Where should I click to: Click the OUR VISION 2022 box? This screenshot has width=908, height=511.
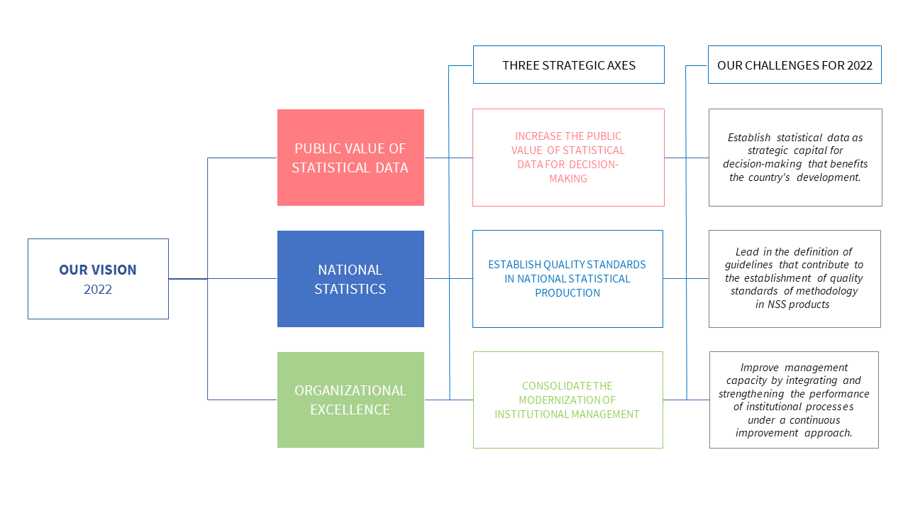(98, 279)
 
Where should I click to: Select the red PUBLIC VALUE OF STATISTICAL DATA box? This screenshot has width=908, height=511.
(350, 158)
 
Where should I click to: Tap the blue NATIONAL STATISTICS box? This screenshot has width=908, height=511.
(350, 279)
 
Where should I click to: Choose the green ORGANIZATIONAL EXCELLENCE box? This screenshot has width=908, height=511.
(350, 400)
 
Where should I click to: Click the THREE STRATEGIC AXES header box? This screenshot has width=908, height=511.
(568, 65)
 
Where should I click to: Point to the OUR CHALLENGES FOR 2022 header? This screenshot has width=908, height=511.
(794, 65)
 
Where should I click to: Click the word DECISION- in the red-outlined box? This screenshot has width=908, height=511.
(594, 165)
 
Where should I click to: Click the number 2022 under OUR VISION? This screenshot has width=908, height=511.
(98, 290)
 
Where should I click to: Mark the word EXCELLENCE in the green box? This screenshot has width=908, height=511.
(350, 410)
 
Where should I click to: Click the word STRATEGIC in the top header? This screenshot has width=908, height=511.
(565, 65)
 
